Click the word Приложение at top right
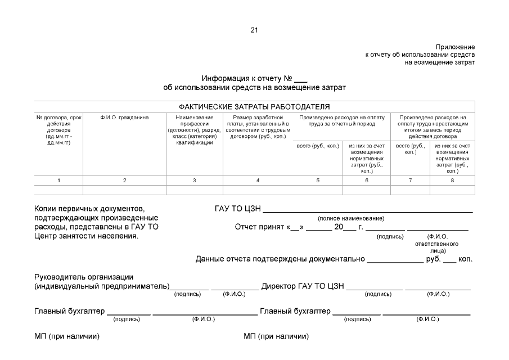tap(455, 47)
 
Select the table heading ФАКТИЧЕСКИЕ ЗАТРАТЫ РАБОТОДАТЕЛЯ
tap(254, 106)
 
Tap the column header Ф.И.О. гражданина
tap(124, 118)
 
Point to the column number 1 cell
tap(58, 181)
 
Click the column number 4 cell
tap(258, 181)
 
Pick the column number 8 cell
tap(452, 181)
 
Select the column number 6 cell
tap(366, 181)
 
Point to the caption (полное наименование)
tap(351, 218)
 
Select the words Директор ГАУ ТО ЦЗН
tap(303, 286)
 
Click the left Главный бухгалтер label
tap(70, 310)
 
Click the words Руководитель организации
tap(84, 277)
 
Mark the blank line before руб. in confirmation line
tap(395, 260)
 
